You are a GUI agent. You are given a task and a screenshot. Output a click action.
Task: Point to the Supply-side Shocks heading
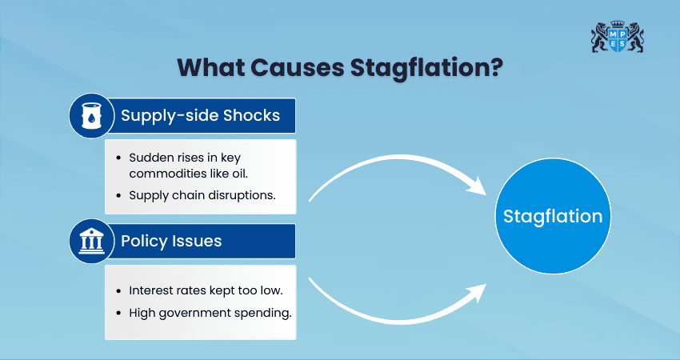point(200,115)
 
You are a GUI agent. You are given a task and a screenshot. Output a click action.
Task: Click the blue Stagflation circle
point(553,217)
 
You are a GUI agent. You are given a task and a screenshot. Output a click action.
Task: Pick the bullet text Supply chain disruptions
point(202,194)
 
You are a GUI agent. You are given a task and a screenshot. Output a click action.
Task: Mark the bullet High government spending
point(210,311)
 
